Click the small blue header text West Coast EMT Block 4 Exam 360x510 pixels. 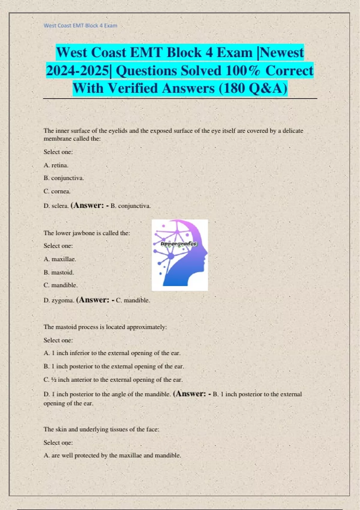[80, 25]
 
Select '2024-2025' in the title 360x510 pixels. [78, 71]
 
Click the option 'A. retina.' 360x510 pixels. [56, 165]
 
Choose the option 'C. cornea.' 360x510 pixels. [57, 191]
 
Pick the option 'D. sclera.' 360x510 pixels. [56, 206]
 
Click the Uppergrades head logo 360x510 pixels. [180, 255]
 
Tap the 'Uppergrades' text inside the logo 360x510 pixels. [179, 244]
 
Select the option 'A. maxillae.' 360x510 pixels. [60, 259]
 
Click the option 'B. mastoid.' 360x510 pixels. [59, 272]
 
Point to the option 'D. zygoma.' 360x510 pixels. [59, 300]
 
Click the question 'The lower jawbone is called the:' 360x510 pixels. [87, 233]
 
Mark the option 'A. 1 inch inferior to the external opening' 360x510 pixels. [112, 353]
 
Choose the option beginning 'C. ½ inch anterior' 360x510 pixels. [113, 379]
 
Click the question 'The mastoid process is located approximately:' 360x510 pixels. [105, 327]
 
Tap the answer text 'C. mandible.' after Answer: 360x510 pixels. [133, 300]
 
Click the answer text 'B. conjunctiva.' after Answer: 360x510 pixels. [131, 206]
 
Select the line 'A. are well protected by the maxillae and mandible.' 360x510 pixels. [112, 455]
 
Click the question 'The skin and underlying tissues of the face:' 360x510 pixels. [101, 429]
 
